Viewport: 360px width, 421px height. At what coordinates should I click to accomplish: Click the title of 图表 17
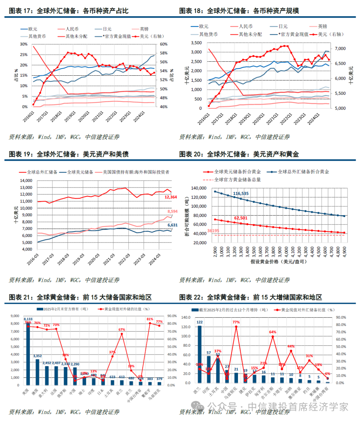pyautogui.click(x=69, y=11)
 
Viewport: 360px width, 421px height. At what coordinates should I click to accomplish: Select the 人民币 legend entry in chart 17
pyautogui.click(x=72, y=29)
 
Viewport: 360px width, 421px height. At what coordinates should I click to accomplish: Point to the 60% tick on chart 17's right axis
pyautogui.click(x=164, y=44)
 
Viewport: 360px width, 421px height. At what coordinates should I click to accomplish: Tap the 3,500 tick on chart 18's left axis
pyautogui.click(x=196, y=43)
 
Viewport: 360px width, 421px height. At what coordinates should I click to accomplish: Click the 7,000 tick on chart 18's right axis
pyautogui.click(x=340, y=49)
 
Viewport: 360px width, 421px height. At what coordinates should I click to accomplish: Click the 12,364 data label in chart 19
pyautogui.click(x=171, y=197)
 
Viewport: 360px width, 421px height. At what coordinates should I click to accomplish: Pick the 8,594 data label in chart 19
pyautogui.click(x=172, y=212)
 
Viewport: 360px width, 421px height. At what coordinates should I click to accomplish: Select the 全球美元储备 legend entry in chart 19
pyautogui.click(x=80, y=172)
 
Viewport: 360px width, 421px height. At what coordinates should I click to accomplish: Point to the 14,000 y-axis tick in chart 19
pyautogui.click(x=26, y=180)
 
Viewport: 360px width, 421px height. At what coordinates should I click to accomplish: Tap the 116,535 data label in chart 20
pyautogui.click(x=241, y=193)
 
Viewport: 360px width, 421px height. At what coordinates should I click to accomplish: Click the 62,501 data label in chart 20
pyautogui.click(x=241, y=218)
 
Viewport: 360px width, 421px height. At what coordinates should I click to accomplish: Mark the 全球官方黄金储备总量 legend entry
pyautogui.click(x=237, y=179)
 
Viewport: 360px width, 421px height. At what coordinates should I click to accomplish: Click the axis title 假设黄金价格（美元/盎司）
pyautogui.click(x=278, y=262)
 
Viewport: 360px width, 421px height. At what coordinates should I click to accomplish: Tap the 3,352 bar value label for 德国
pyautogui.click(x=37, y=356)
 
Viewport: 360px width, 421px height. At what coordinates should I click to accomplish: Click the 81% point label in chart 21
pyautogui.click(x=150, y=319)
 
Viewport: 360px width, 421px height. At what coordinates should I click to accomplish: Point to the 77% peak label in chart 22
pyautogui.click(x=236, y=322)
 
